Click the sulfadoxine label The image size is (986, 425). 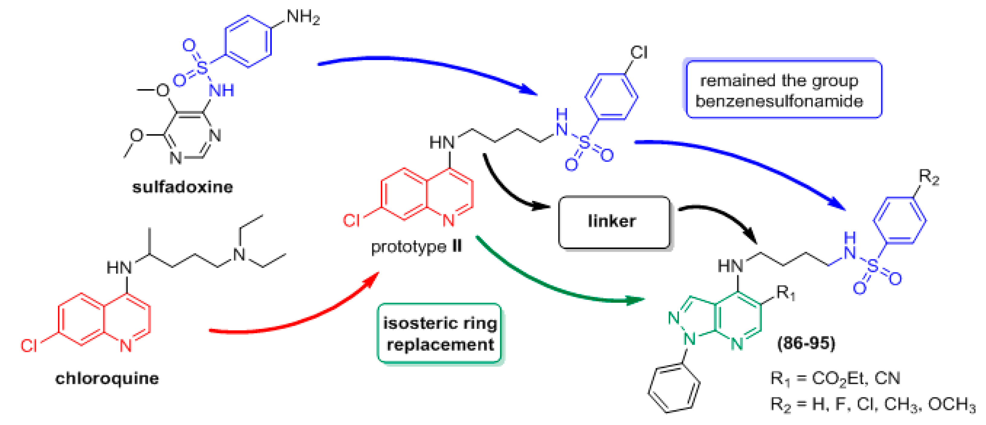click(x=182, y=187)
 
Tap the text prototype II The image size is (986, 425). click(x=417, y=247)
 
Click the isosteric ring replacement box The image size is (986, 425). click(x=439, y=333)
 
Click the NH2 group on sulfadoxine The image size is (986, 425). click(x=302, y=17)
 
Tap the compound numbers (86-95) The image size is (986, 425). click(x=806, y=343)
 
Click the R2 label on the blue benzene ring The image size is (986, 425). click(x=929, y=177)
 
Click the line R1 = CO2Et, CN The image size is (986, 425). click(x=835, y=379)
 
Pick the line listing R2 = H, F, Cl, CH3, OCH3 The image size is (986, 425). click(x=873, y=404)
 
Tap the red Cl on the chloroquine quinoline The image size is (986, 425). click(x=29, y=346)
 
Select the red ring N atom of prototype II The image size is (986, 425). click(x=449, y=221)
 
